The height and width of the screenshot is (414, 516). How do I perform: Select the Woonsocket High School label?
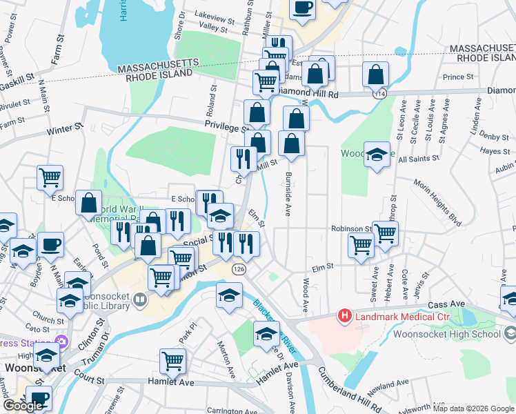click(x=446, y=335)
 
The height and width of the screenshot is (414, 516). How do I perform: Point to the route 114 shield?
click(x=379, y=92)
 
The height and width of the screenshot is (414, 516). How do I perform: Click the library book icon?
click(x=140, y=299)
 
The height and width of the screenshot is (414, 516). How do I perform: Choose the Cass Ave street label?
click(x=447, y=304)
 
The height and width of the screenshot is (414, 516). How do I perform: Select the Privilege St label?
click(x=225, y=127)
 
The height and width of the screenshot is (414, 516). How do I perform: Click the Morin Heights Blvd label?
click(x=437, y=203)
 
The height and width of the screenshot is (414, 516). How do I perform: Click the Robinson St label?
click(x=351, y=228)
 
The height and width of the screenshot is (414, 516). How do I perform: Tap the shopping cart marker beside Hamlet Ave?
click(x=172, y=360)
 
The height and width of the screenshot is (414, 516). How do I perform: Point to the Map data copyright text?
click(x=473, y=408)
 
